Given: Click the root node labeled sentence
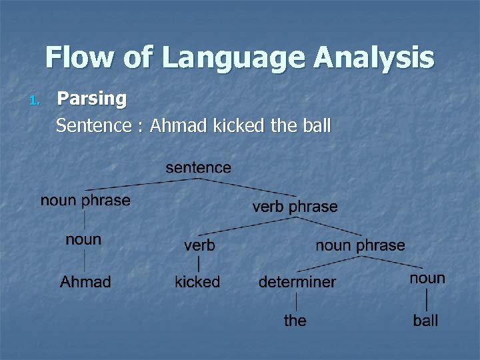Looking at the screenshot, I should point(198,167).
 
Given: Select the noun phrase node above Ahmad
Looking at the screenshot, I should point(85,200).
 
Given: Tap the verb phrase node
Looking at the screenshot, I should point(295,207).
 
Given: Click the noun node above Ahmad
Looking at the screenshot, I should point(83,239).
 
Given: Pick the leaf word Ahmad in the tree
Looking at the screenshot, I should point(85,281).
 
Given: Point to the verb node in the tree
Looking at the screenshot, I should point(199,245).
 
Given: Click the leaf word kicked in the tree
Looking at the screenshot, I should point(197,281).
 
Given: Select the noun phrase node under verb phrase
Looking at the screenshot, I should point(360,245).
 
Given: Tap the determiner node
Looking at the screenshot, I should point(297,282).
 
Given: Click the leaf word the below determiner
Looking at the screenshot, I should point(295,320).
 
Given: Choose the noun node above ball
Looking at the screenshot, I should point(427,278).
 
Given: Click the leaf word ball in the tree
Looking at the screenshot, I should point(425,321).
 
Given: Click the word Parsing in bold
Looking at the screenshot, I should point(91,99).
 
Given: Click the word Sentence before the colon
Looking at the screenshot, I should point(93,125).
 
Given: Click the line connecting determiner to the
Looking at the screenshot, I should point(296,301).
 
